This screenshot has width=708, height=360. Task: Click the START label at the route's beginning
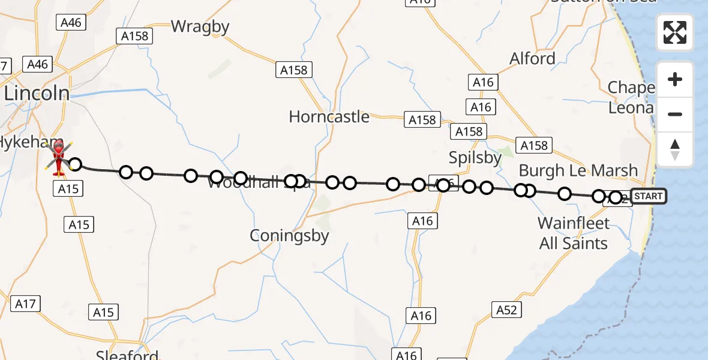point(648,196)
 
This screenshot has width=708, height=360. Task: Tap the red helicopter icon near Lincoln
point(59,157)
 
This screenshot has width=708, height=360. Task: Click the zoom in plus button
point(675,79)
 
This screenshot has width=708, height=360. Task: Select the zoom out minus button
point(675,114)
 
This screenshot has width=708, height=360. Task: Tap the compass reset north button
point(675,149)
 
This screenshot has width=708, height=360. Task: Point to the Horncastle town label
point(329,116)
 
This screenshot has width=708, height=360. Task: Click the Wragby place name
point(200,26)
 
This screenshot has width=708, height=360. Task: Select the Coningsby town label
point(290,236)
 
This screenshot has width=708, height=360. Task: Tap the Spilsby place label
point(475,158)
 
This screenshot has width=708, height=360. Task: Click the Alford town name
point(532,59)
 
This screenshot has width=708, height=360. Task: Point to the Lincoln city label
point(37,92)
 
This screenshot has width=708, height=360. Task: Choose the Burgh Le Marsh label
point(578,170)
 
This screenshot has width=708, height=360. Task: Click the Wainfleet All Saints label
point(573,233)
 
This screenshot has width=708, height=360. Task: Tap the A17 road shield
point(25,304)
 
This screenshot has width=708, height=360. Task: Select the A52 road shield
point(506,310)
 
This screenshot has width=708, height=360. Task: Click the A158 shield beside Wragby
point(134,36)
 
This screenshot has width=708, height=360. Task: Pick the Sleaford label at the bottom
point(127,355)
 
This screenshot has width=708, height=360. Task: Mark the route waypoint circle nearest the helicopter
point(74,164)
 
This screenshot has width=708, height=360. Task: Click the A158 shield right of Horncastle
point(422,120)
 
